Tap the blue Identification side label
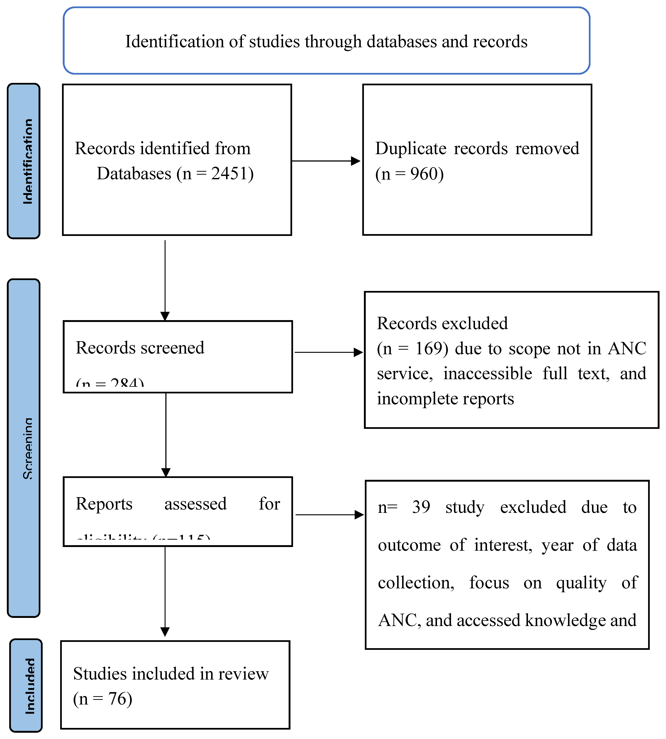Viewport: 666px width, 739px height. coord(23,161)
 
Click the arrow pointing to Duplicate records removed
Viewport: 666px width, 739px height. coord(326,161)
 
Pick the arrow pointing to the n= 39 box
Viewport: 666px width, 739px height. coord(329,515)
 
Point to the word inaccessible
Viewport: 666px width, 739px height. coord(487,373)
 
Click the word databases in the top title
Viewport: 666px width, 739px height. coord(401,41)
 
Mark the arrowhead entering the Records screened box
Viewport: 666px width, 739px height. coord(165,316)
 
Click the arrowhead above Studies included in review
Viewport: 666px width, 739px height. coord(165,632)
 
